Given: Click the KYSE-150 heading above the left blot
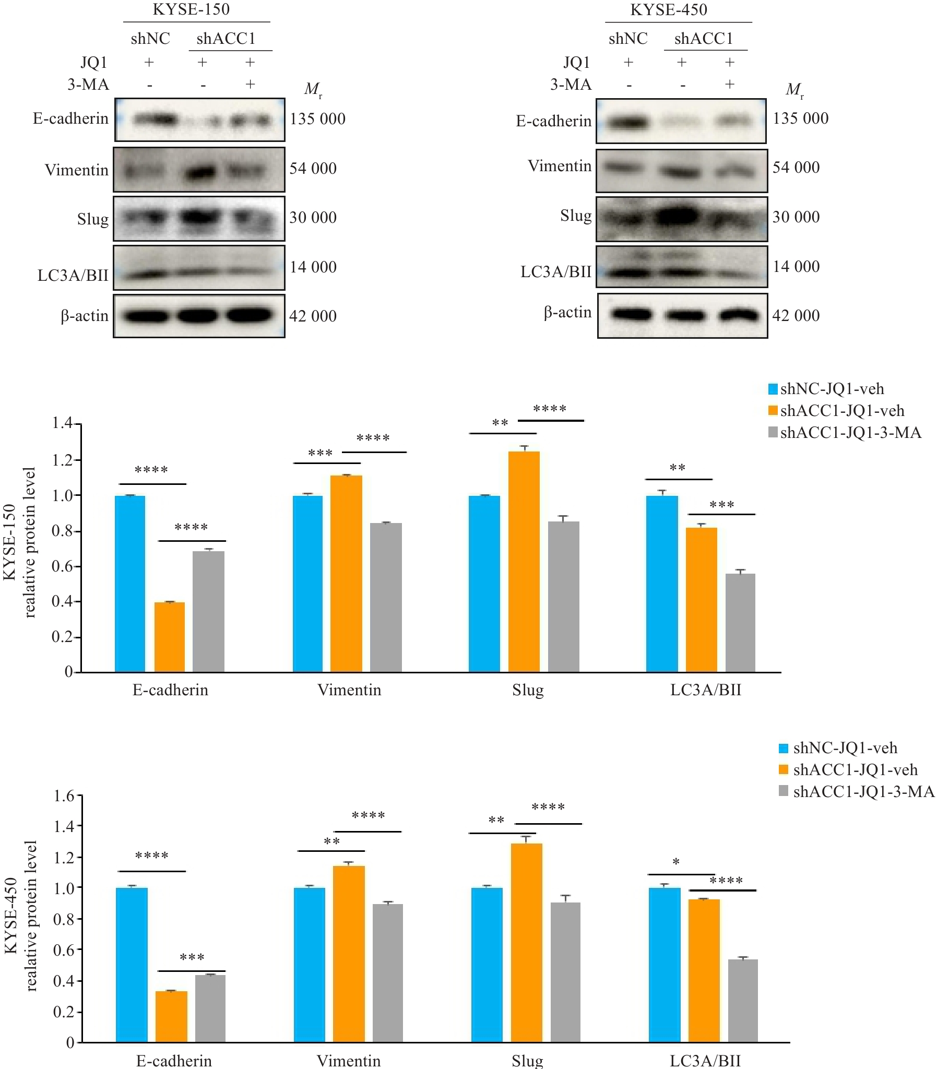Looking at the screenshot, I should pyautogui.click(x=191, y=9).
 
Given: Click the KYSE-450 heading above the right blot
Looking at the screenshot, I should pyautogui.click(x=669, y=9).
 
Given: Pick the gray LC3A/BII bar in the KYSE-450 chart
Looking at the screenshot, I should pyautogui.click(x=743, y=1001).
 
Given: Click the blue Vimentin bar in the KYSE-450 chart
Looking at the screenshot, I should pyautogui.click(x=309, y=965).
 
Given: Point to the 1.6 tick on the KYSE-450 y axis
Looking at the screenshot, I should pyautogui.click(x=64, y=796).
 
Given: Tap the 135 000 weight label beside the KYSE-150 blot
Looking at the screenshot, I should pyautogui.click(x=317, y=119).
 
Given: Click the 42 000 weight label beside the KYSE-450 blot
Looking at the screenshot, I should pyautogui.click(x=796, y=316).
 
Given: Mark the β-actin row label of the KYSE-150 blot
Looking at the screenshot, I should pyautogui.click(x=84, y=316).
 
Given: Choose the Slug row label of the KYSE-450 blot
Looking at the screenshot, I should pyautogui.click(x=576, y=216).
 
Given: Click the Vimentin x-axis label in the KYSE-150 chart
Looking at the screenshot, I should pyautogui.click(x=349, y=690).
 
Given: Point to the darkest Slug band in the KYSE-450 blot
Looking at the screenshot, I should pyautogui.click(x=679, y=216).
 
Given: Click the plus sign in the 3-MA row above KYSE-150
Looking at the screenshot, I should pyautogui.click(x=250, y=84).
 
